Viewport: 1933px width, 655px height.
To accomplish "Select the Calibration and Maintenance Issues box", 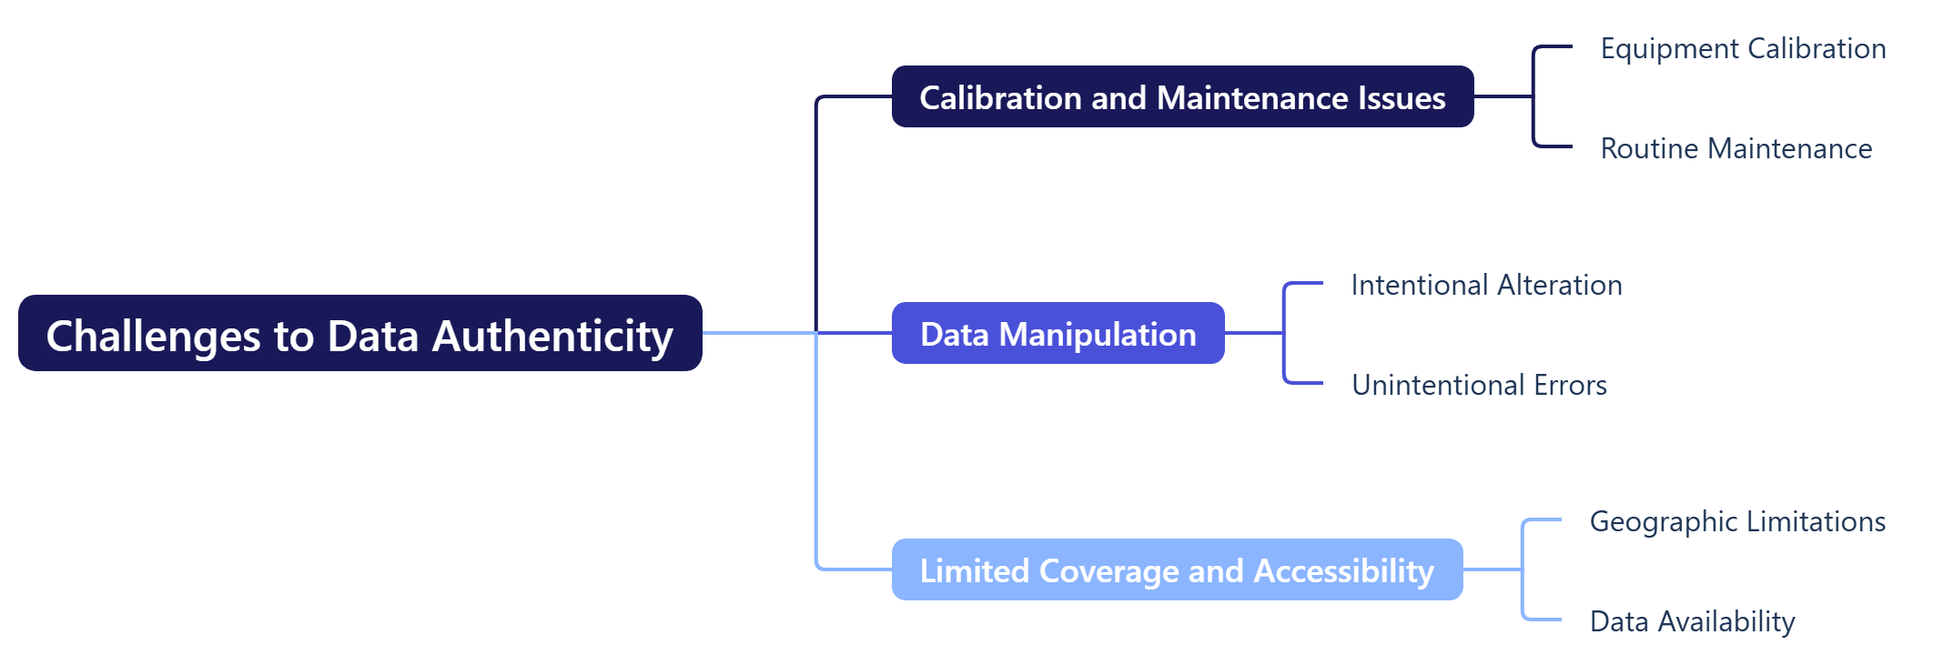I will coord(1181,96).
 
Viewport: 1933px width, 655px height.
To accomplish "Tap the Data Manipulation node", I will coord(1058,333).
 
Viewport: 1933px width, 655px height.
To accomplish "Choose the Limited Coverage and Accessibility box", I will coord(1176,569).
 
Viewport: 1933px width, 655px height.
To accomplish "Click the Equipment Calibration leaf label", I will coord(1743,48).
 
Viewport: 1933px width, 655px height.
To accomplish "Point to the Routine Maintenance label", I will coord(1736,148).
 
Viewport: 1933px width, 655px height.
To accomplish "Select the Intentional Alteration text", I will coord(1486,285).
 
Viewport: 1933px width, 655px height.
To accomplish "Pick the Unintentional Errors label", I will coord(1479,385).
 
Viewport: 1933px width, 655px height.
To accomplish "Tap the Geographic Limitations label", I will coord(1736,521).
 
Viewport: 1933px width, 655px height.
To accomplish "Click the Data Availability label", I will coord(1692,621).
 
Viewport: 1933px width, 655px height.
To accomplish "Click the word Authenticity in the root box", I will coord(552,336).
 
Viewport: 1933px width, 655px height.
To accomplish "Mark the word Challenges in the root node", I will coord(153,336).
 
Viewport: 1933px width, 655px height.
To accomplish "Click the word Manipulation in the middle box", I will coord(1098,335).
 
